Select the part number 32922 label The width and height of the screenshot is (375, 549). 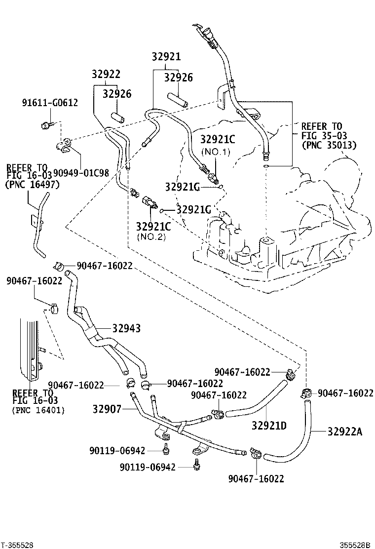tap(106, 74)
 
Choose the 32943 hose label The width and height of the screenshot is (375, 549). tap(126, 328)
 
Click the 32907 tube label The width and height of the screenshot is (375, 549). tap(108, 409)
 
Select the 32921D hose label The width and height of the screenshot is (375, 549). tap(269, 425)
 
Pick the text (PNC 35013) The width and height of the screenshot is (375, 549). tap(329, 145)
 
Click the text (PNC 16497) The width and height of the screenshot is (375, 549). tap(32, 185)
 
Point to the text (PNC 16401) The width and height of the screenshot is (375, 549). tap(38, 410)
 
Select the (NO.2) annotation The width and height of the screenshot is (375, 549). tap(151, 237)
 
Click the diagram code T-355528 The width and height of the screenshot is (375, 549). tap(17, 545)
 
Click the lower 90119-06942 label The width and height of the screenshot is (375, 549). tap(148, 467)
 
